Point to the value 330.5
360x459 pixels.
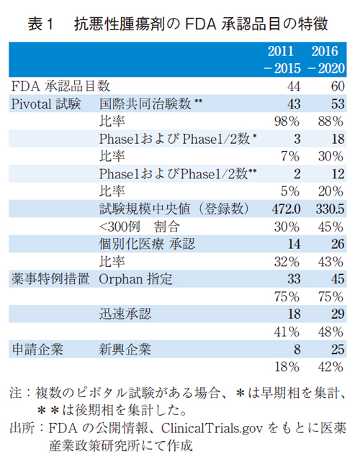[x=330, y=209]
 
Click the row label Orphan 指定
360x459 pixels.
[x=135, y=279]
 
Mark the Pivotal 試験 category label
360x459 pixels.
[x=48, y=104]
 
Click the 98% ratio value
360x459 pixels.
[x=286, y=121]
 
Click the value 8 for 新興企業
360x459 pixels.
[x=295, y=350]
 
